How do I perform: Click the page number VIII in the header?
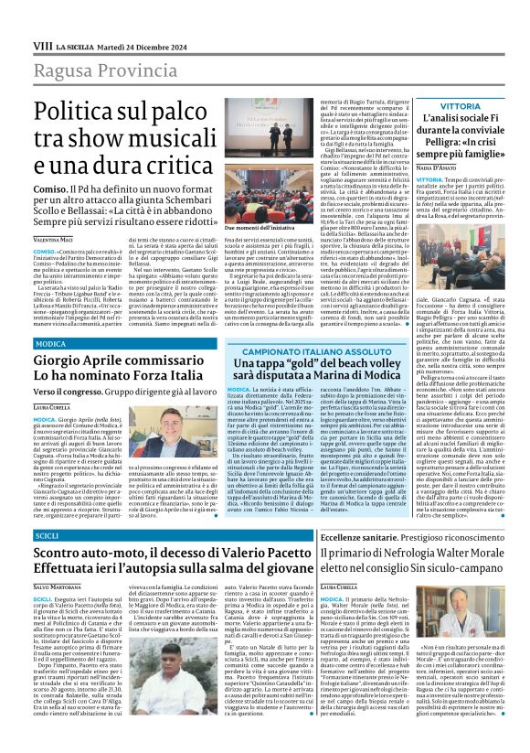pos(42,45)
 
